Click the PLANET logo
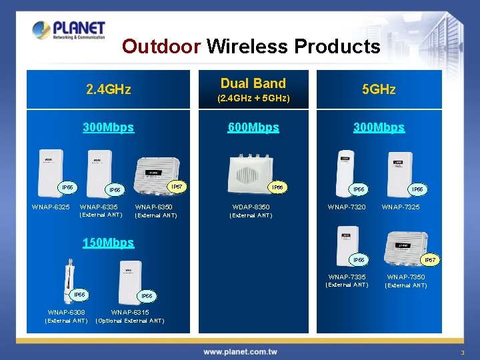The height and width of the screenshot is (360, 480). coord(69,30)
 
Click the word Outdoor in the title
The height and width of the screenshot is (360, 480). coord(161,46)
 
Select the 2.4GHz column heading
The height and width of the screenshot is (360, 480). coord(108,89)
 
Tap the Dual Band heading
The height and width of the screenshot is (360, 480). coord(253,83)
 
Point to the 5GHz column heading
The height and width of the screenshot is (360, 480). coord(378,89)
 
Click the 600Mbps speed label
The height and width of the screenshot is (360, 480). coord(253,127)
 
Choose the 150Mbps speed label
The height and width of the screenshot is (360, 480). coord(108,243)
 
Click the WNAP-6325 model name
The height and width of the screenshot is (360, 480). coord(51,207)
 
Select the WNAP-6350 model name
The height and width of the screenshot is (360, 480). coord(155,207)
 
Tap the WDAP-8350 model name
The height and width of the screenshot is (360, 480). coord(251,207)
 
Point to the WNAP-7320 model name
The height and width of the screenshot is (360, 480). coord(347,207)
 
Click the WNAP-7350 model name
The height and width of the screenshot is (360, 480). coord(406,277)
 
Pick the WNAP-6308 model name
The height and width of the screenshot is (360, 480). coord(66,312)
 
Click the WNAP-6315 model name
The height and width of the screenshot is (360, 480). coord(130,312)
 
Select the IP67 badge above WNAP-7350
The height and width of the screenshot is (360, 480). coord(431,259)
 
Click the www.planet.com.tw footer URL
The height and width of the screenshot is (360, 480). coord(240,351)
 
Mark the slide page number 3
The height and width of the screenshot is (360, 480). coord(461,352)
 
